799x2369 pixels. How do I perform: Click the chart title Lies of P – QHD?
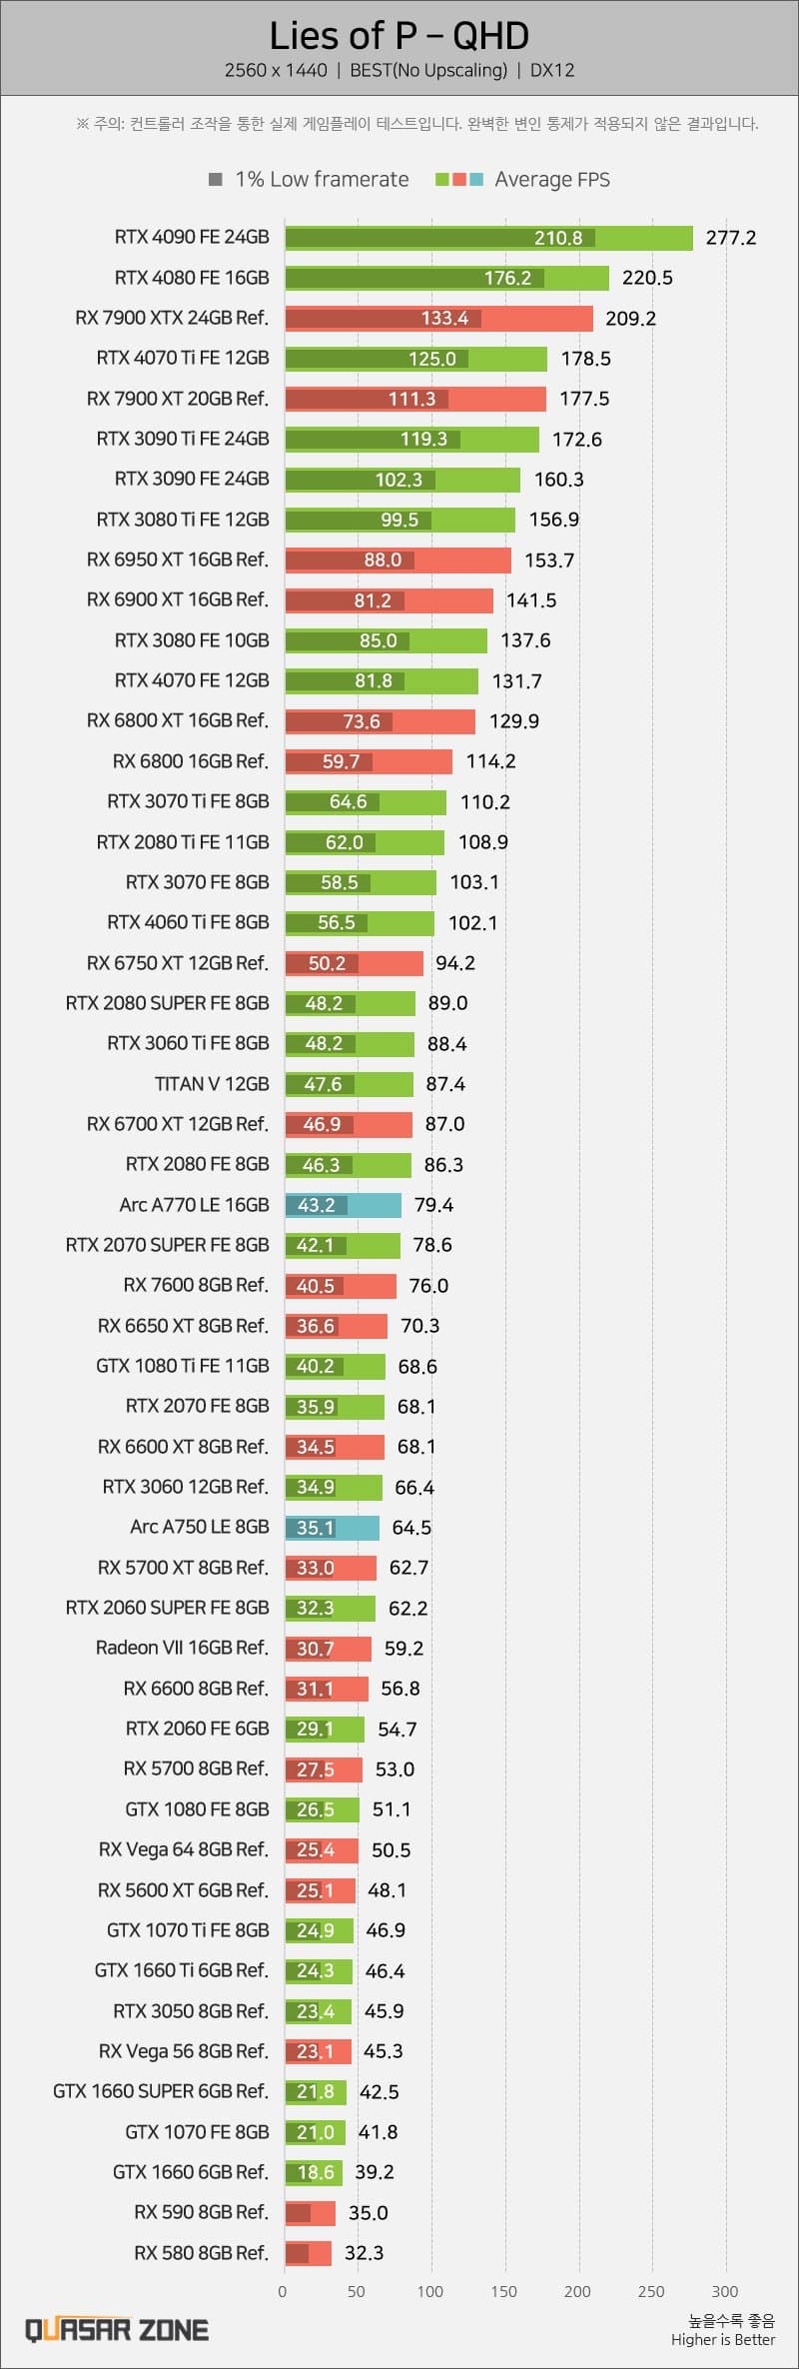[399, 36]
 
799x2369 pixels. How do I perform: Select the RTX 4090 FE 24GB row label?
[192, 237]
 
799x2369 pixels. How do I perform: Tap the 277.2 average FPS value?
[730, 238]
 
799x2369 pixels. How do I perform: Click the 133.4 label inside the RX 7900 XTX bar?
[444, 318]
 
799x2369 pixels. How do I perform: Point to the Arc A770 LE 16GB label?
[194, 1205]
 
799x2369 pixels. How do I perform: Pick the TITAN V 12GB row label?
[212, 1084]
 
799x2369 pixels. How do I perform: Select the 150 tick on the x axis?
[504, 2291]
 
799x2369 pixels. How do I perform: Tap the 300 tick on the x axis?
[725, 2291]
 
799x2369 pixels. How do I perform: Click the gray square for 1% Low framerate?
[215, 180]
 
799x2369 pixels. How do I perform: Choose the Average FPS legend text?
[551, 180]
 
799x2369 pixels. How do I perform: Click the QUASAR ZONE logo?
[117, 2330]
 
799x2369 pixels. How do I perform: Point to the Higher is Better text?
[723, 2339]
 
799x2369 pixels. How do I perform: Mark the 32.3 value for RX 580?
[364, 2252]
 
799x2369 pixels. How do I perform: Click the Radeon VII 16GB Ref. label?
[182, 1648]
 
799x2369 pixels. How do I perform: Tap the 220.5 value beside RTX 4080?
[646, 278]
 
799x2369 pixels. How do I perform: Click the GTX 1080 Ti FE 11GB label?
[183, 1366]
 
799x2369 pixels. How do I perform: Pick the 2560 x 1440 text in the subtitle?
[276, 70]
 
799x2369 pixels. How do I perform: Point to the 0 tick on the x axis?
[283, 2291]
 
